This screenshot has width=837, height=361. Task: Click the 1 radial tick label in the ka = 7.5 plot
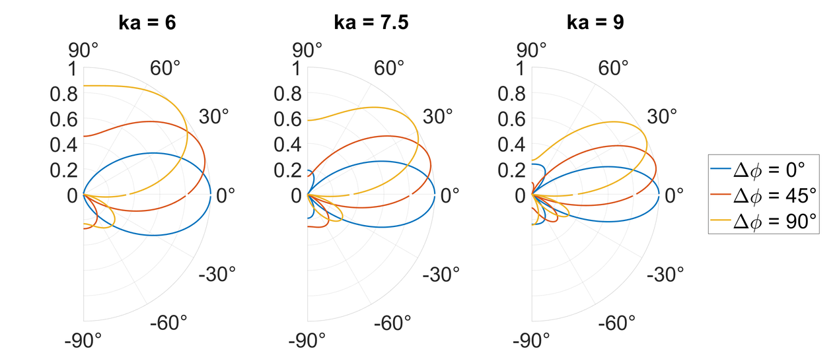297,69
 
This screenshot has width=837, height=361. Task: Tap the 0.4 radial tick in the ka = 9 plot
513,145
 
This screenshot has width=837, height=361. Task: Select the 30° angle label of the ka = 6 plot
213,116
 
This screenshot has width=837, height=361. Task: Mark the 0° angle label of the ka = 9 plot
674,196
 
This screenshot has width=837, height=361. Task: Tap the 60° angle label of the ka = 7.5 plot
390,68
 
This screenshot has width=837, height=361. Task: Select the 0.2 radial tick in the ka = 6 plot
64,170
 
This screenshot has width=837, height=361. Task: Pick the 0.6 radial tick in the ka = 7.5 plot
288,119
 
